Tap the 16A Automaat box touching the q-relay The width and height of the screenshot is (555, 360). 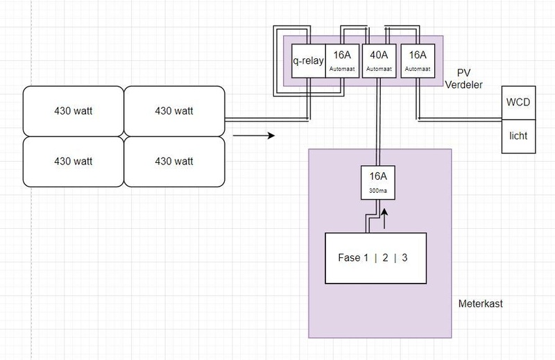[x=343, y=60]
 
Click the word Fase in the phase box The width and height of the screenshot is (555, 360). [x=350, y=258]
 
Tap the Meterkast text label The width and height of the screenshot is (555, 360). [x=479, y=305]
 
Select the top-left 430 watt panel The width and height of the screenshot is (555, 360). [x=74, y=110]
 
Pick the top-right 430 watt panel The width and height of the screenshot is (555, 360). [x=173, y=110]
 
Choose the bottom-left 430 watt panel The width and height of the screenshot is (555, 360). [x=74, y=161]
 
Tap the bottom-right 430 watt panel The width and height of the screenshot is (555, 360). [x=173, y=161]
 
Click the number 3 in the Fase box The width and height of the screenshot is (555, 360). [x=404, y=258]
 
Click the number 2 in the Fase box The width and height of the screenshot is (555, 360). [x=385, y=258]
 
